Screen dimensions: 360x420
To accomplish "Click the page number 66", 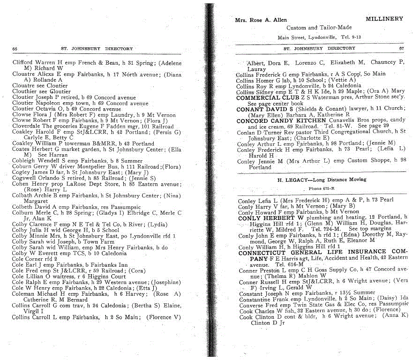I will point(15,49).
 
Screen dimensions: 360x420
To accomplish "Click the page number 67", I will point(401,48).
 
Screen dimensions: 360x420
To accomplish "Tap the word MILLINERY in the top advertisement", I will point(384,19).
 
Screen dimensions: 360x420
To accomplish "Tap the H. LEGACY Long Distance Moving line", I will point(315,180).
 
